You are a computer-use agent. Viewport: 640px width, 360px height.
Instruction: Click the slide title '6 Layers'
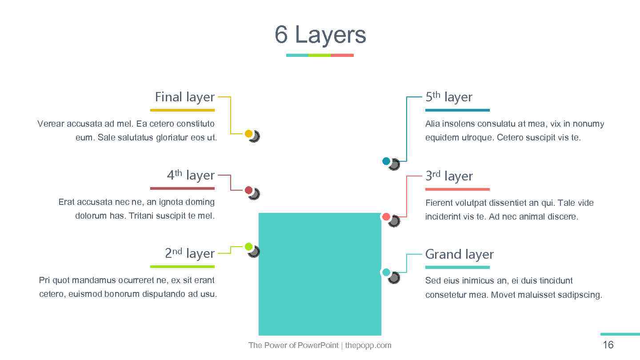pos(320,35)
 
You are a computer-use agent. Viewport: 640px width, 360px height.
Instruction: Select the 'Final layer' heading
pos(184,97)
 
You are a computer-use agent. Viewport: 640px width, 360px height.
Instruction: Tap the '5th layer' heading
pos(448,97)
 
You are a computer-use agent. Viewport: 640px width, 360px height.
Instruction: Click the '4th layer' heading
pos(191,175)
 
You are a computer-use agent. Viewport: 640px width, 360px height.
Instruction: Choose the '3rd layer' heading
pos(448,176)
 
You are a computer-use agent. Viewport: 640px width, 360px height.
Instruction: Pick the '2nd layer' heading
pos(190,253)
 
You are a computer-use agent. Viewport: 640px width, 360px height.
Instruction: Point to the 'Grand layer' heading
pos(459,254)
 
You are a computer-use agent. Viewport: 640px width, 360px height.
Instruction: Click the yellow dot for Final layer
pos(249,133)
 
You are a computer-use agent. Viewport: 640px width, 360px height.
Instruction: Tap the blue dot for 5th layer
pos(386,161)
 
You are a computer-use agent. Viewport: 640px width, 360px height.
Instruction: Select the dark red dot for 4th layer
pos(249,190)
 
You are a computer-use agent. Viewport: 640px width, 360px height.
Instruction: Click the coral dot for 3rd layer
pos(386,217)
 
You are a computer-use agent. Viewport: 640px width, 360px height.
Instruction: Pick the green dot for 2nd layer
pos(249,247)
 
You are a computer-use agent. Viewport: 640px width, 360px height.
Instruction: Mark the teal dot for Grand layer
pos(386,272)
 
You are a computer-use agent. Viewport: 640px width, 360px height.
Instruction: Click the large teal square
pos(320,284)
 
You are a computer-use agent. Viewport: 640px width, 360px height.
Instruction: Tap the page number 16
pos(608,345)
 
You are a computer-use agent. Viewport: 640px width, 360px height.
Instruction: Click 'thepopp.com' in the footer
pos(368,345)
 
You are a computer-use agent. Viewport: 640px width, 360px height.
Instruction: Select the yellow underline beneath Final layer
pos(182,110)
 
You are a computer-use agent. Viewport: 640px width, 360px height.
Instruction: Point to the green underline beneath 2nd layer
pos(182,267)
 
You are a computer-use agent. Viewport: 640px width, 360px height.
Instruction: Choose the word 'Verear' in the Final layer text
pos(50,124)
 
